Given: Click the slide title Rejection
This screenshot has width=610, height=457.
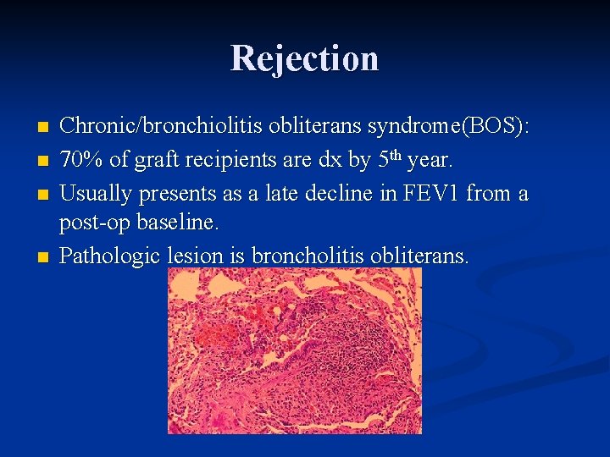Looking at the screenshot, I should [304, 58].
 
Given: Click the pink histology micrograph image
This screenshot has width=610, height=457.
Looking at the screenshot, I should [295, 351].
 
